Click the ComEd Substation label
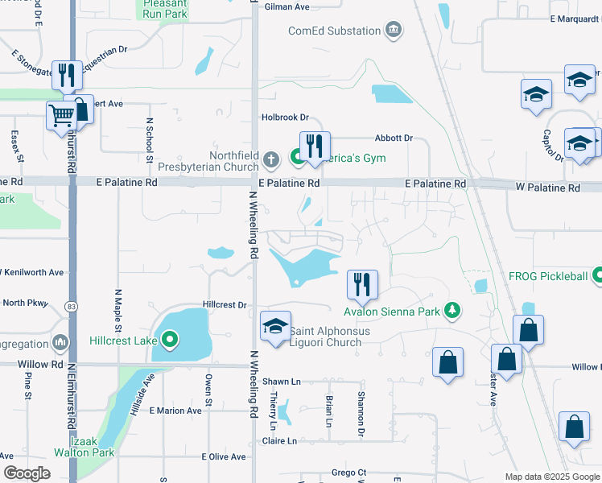[x=334, y=31]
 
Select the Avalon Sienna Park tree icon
[x=453, y=311]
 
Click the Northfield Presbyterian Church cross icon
[x=274, y=159]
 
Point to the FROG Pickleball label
[x=548, y=276]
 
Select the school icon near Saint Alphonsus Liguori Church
[x=275, y=326]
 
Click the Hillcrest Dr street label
[x=225, y=305]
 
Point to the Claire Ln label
[x=279, y=441]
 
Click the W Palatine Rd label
[x=547, y=188]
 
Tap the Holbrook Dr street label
[x=286, y=118]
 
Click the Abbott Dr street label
[x=393, y=138]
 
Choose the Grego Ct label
[x=349, y=473]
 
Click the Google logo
[x=27, y=473]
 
